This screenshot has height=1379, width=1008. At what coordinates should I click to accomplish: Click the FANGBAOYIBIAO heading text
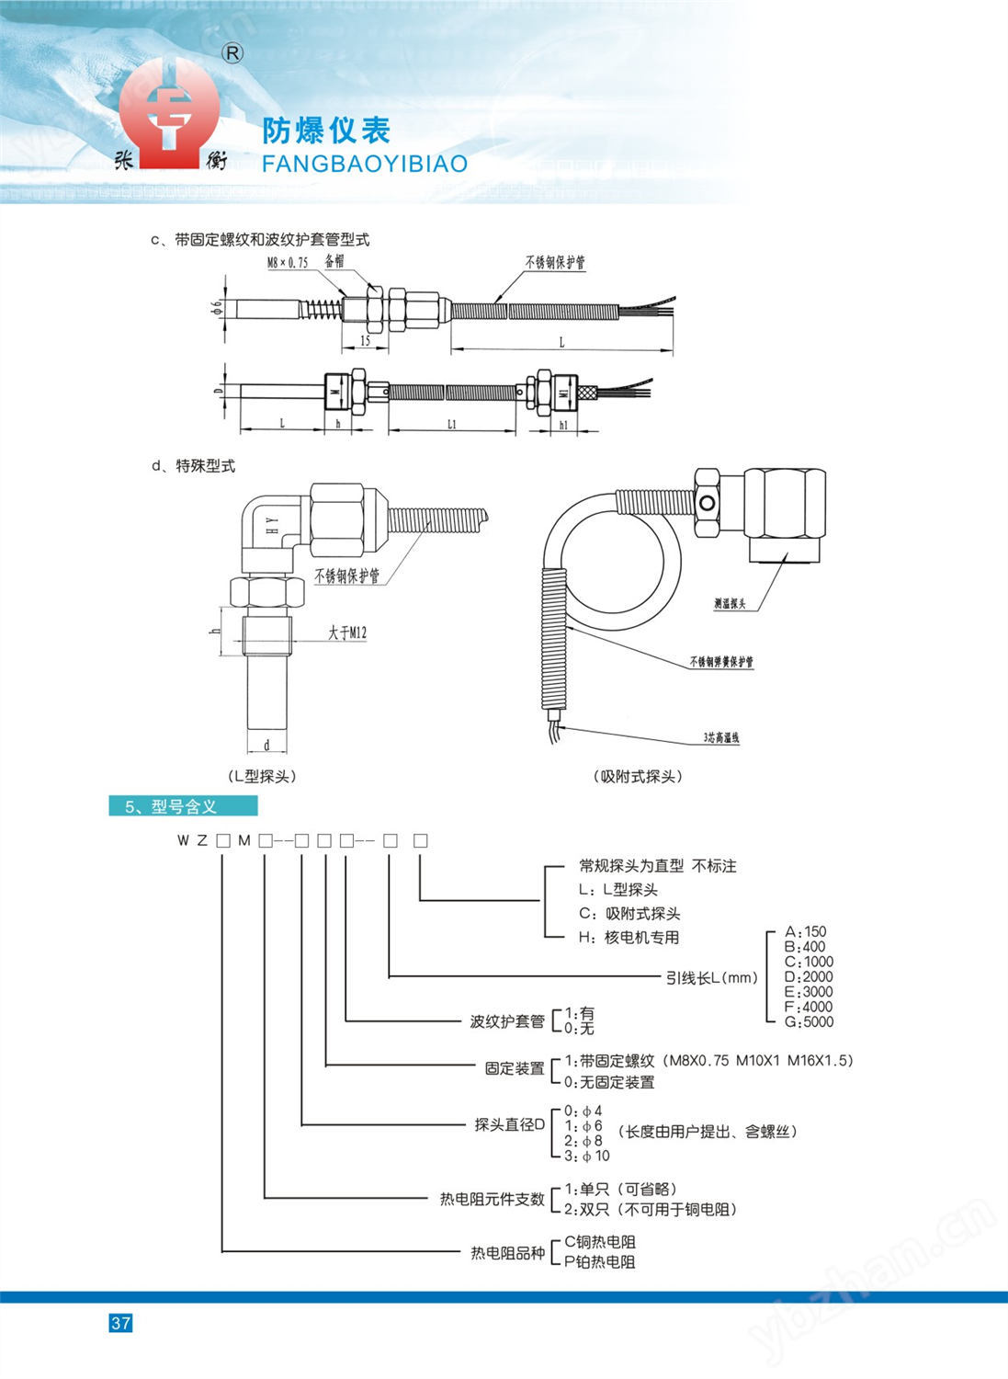point(365,164)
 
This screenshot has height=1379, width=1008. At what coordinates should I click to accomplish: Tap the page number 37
point(120,1323)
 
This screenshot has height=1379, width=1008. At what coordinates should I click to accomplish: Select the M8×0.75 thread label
point(288,262)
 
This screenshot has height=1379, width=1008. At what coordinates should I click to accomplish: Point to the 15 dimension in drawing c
point(365,341)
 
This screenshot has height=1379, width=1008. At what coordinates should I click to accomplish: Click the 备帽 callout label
point(334,261)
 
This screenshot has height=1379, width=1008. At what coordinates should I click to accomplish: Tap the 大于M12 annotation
point(347,633)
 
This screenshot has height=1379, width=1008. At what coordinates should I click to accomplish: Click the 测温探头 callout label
point(730,604)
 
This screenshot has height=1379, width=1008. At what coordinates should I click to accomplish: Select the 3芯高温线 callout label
point(721,737)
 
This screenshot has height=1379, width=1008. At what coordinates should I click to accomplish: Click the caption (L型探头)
point(262,776)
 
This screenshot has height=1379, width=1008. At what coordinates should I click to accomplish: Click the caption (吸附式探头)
point(638,776)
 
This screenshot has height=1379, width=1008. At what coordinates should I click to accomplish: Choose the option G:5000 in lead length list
point(809,1021)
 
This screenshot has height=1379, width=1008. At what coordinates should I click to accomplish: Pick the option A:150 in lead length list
point(805,931)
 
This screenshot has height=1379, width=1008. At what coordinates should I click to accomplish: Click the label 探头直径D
point(509,1124)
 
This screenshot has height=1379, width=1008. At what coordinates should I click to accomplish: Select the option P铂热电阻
point(600,1262)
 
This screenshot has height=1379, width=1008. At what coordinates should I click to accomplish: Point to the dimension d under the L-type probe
point(266,745)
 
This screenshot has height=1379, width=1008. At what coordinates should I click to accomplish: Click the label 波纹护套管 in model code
point(507,1020)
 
